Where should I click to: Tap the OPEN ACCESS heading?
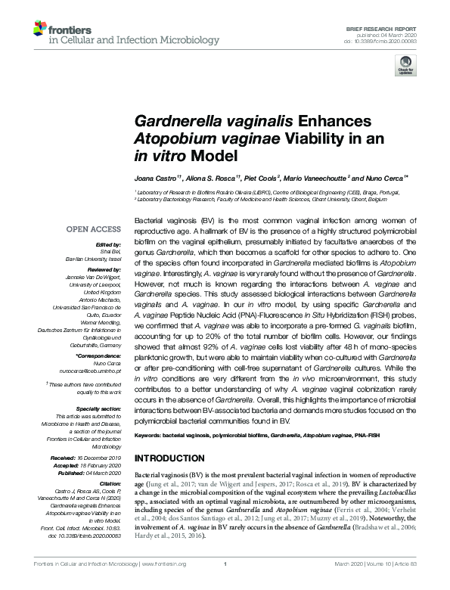coord(94,228)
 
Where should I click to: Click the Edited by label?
coord(108,244)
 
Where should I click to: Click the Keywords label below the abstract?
coord(150,436)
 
